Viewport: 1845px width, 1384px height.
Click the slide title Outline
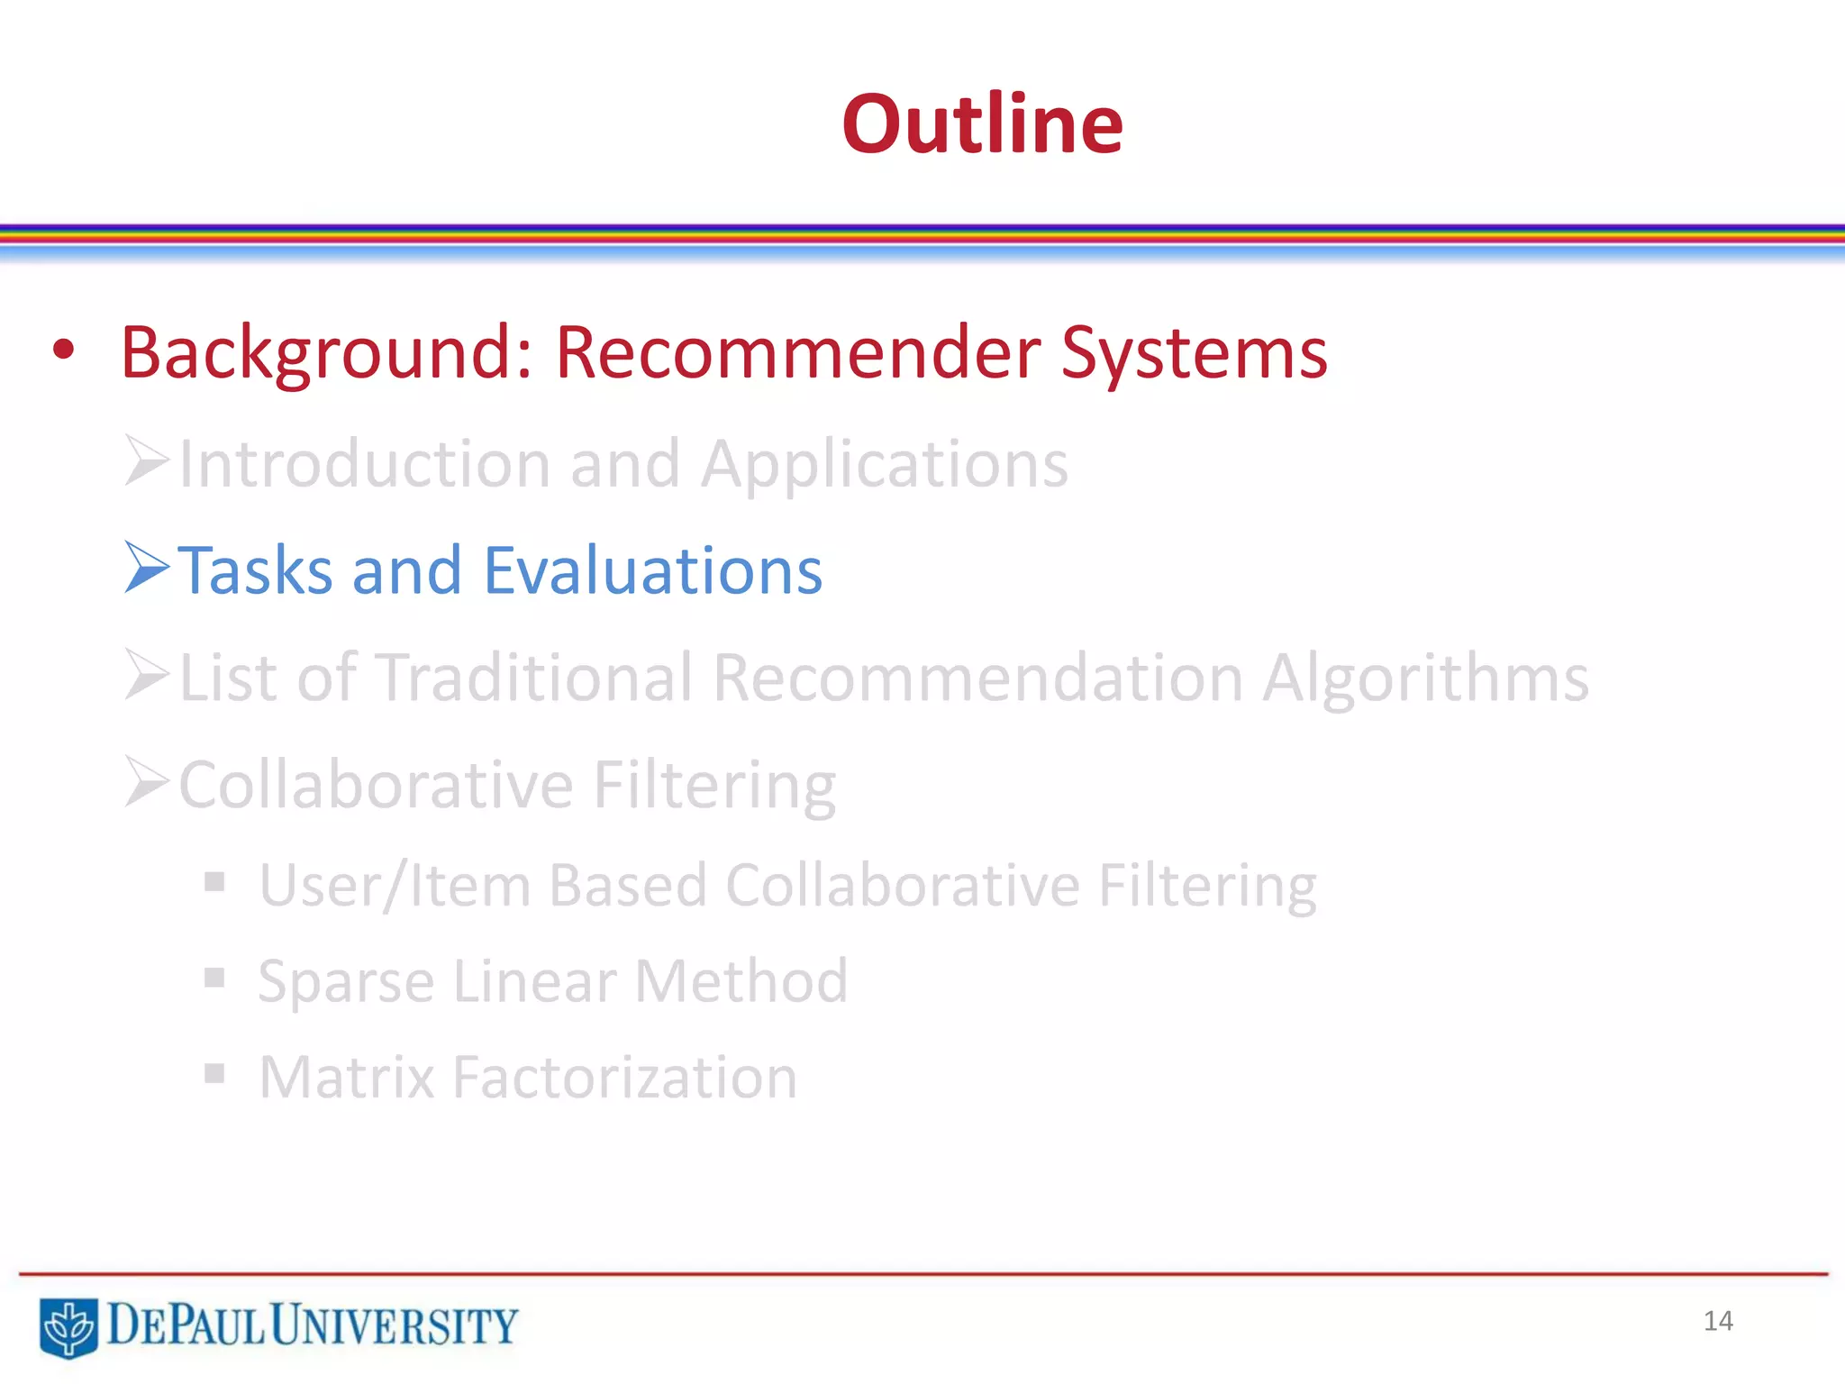tap(982, 124)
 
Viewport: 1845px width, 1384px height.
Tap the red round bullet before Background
tap(63, 351)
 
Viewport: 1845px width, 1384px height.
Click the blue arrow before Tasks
tap(147, 568)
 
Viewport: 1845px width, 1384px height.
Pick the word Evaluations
tap(653, 570)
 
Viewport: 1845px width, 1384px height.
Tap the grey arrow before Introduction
tap(147, 460)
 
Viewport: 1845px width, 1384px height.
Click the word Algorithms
tap(1425, 678)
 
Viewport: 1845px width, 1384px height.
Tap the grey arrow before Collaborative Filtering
tap(147, 781)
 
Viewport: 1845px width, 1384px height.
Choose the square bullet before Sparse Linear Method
tap(214, 978)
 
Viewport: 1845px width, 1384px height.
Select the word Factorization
tap(624, 1077)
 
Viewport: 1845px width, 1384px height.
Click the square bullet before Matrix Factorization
tap(214, 1073)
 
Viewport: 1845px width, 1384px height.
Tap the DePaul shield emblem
tap(68, 1326)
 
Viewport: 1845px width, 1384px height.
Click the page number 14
tap(1718, 1321)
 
